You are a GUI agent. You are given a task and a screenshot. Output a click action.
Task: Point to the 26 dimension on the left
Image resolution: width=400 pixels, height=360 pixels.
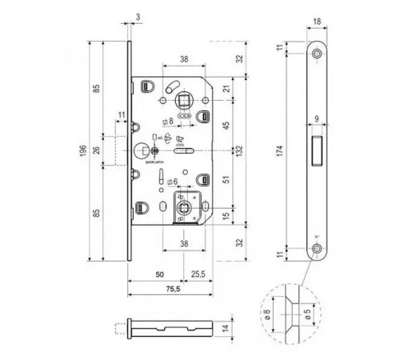(x=97, y=150)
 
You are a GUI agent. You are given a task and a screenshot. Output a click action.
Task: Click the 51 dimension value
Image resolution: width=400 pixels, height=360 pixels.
(x=226, y=181)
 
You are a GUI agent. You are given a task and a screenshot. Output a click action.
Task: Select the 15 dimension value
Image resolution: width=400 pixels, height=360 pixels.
(x=226, y=214)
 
